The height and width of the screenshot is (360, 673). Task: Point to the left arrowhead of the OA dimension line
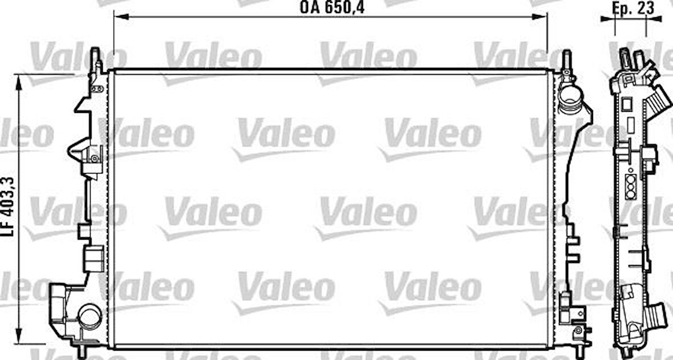[x=117, y=17]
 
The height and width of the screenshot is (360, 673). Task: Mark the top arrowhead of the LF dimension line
[x=20, y=80]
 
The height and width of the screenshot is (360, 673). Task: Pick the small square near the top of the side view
[x=625, y=103]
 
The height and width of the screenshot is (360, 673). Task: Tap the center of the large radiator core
[x=331, y=209]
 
